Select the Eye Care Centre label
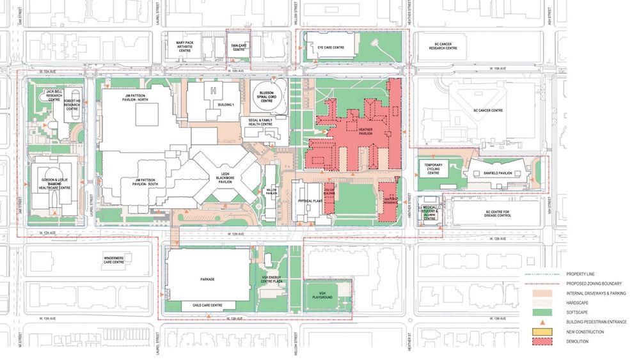coord(331,47)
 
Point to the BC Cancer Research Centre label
coord(442,47)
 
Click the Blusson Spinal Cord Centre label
coord(267,97)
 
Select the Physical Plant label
coord(309,200)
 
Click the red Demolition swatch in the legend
coord(539,341)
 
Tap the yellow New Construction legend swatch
coord(539,332)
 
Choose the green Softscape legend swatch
coord(539,312)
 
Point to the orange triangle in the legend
coord(539,322)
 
